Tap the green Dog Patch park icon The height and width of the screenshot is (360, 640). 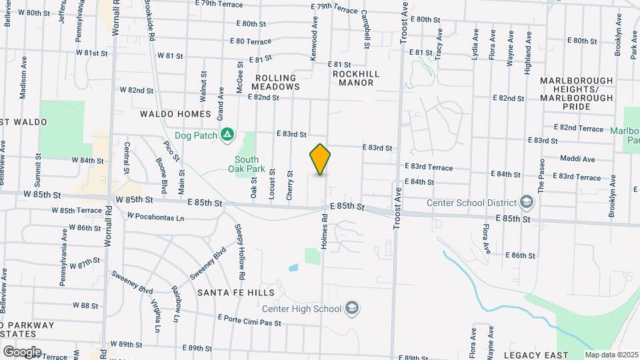tap(227, 135)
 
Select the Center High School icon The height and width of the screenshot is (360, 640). tap(353, 308)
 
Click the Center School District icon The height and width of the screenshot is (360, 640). tap(526, 203)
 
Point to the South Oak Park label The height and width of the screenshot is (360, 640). tap(246, 165)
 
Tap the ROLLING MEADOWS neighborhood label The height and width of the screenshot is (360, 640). tap(277, 83)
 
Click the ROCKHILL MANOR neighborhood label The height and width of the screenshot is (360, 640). tap(356, 78)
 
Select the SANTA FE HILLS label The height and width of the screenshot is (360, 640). tap(235, 293)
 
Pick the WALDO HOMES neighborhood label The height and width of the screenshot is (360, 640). tap(175, 114)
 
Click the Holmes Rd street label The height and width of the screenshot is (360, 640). tap(325, 231)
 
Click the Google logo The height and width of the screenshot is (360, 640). tap(21, 351)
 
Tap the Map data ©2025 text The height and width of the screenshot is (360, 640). tap(611, 355)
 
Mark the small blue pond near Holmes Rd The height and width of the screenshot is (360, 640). tap(293, 268)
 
